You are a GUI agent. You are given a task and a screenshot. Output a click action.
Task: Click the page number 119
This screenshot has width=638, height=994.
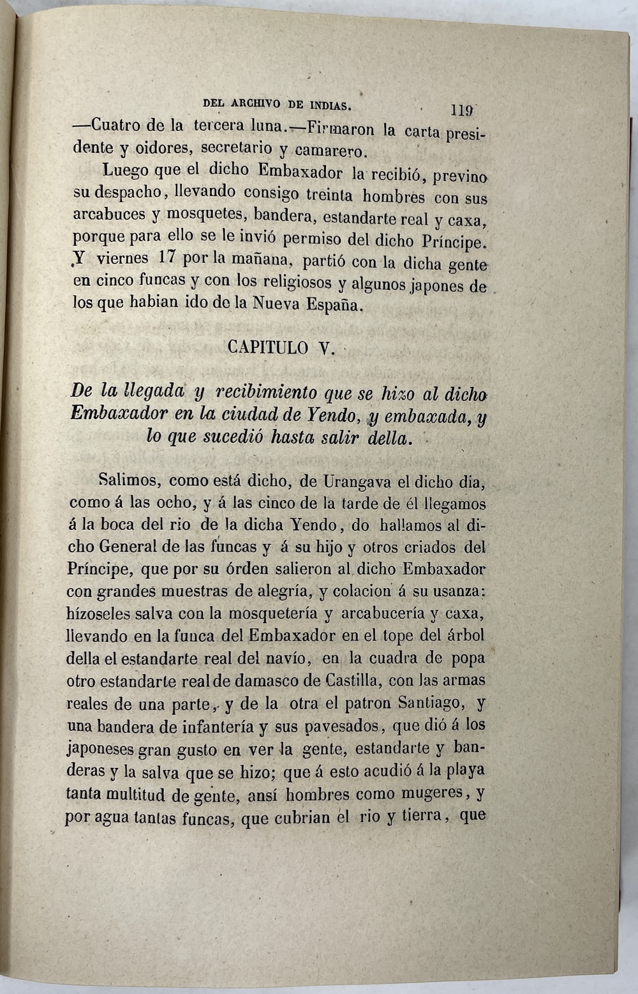tap(461, 110)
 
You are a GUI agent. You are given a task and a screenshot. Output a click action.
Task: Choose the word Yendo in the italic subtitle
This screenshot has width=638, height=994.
tap(331, 415)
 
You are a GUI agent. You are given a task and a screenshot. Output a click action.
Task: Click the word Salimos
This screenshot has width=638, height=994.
tap(125, 479)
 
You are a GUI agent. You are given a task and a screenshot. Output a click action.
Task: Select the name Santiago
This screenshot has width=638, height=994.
tap(429, 703)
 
